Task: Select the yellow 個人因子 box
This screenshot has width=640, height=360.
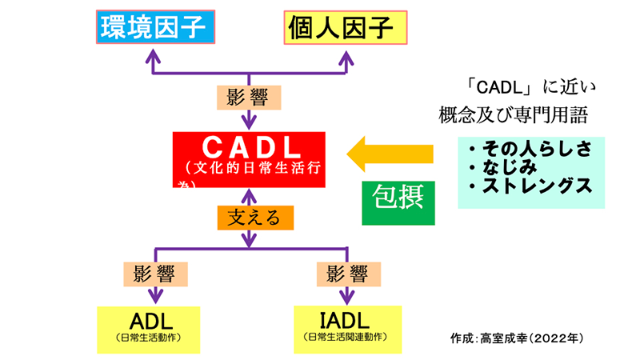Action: pyautogui.click(x=345, y=28)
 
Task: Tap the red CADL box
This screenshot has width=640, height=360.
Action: pyautogui.click(x=250, y=157)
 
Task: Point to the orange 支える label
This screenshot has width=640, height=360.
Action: pyautogui.click(x=250, y=217)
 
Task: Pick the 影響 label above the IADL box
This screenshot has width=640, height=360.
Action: pyautogui.click(x=346, y=274)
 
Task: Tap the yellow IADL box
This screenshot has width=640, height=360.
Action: pyautogui.click(x=346, y=326)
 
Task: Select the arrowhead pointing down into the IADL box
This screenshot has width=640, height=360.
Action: pyautogui.click(x=346, y=298)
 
